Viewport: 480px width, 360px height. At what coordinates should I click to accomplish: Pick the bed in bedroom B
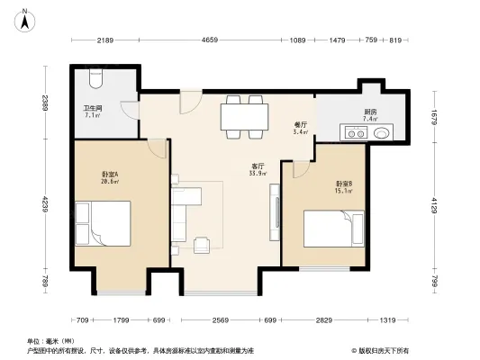tap(332, 229)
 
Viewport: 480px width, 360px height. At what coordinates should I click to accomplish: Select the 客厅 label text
tap(257, 168)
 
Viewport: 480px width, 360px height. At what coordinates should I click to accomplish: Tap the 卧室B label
tap(343, 186)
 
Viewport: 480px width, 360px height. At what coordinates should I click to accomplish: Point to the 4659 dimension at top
tap(211, 40)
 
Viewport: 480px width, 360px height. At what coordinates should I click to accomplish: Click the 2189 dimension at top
tap(106, 40)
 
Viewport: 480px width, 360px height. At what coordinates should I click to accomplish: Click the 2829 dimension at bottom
tap(324, 319)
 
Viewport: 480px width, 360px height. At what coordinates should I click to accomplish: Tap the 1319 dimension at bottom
tap(387, 319)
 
